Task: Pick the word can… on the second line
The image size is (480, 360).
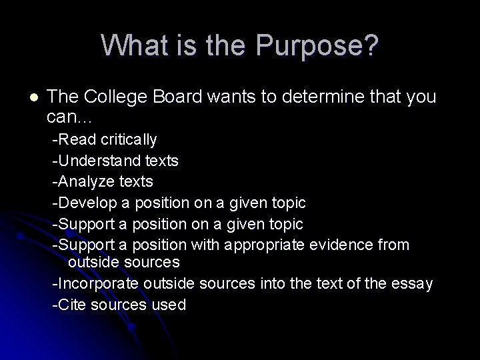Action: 70,118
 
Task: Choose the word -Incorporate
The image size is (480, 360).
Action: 96,284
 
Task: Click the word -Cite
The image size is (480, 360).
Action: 67,305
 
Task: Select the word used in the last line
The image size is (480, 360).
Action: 171,305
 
